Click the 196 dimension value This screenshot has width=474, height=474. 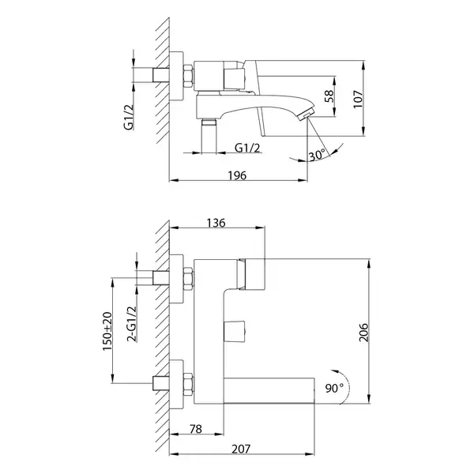[x=237, y=175]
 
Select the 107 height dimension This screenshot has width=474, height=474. [x=358, y=99]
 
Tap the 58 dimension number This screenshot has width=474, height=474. [x=329, y=96]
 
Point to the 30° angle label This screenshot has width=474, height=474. [x=317, y=156]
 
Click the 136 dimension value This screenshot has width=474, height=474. [x=216, y=223]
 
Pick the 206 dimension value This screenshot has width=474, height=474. [x=363, y=333]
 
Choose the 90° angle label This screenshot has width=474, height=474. [x=334, y=388]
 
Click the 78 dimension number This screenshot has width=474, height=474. [x=196, y=429]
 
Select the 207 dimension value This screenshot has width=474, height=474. [x=241, y=450]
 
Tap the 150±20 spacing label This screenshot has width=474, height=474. [x=107, y=331]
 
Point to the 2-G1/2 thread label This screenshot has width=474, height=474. [x=132, y=324]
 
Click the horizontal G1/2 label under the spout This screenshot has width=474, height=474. [x=247, y=148]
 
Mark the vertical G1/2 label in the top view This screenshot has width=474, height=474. [x=129, y=117]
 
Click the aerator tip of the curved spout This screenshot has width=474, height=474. [x=306, y=115]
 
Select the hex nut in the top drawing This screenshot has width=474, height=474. [x=188, y=76]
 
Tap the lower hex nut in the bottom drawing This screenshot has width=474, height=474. [x=188, y=384]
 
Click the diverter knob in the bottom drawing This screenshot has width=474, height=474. [x=235, y=331]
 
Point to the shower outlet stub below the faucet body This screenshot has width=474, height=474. [x=209, y=136]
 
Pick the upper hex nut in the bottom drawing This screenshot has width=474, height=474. [x=188, y=278]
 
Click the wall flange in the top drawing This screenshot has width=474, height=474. [x=176, y=76]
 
